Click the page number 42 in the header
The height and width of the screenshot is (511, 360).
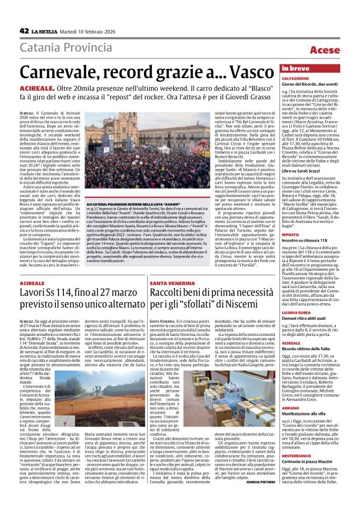point(24,31)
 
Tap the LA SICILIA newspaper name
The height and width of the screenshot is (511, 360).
point(48,31)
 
